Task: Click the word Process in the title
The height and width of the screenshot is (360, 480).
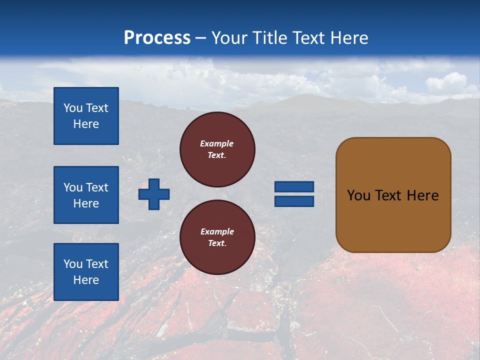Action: [x=157, y=38]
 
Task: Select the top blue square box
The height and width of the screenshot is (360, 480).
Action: [x=86, y=116]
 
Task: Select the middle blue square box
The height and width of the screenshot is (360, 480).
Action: [x=86, y=195]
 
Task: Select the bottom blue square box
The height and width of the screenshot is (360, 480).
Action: [x=86, y=272]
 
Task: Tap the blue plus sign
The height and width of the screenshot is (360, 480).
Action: [x=154, y=194]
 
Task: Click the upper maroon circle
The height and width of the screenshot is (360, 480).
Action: [x=217, y=149]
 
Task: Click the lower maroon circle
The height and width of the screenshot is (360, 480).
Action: [x=217, y=237]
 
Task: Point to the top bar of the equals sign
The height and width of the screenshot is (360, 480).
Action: [x=294, y=187]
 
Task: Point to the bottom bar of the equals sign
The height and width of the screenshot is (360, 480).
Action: [x=294, y=201]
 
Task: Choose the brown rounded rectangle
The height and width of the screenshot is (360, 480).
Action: [x=393, y=195]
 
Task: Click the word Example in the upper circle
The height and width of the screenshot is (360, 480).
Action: [x=216, y=143]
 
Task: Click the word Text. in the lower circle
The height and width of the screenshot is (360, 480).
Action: [x=216, y=243]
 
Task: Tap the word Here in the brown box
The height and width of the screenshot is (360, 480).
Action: [x=422, y=195]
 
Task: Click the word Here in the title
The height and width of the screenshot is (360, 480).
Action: [x=348, y=38]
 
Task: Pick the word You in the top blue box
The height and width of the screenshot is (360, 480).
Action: [x=73, y=108]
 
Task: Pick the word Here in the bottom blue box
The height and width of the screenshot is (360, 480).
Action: [x=86, y=280]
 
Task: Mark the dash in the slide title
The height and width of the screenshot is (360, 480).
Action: [x=201, y=38]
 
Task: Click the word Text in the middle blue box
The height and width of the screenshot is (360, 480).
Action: [x=97, y=187]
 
